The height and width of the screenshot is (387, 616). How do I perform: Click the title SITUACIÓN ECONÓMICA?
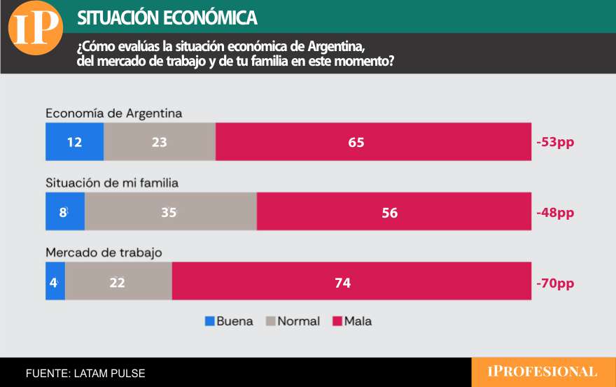pos(167,17)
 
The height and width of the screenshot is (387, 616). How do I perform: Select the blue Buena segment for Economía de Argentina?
pos(74,142)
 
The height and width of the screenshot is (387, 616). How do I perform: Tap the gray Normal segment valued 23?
pos(160,142)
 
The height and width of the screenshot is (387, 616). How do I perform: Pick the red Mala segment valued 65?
pos(373,142)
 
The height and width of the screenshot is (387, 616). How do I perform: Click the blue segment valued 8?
pos(64,212)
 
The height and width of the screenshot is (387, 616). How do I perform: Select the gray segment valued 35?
pos(170,212)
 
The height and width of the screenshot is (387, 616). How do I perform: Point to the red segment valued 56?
pos(393,212)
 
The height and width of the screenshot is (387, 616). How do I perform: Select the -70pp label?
pos(555,283)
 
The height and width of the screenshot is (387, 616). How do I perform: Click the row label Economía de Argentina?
pos(113,113)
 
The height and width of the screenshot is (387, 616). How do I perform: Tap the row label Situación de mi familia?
pos(112,183)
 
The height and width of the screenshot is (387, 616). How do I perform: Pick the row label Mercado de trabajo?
pos(104,252)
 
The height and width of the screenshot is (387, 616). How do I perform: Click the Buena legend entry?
pos(229,321)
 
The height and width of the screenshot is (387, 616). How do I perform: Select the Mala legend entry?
pos(352,321)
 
